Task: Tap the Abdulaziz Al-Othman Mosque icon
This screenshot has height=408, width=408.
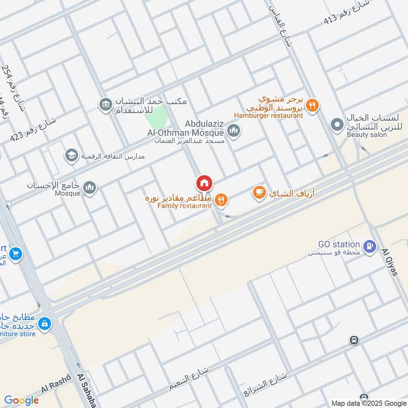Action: [x=234, y=132]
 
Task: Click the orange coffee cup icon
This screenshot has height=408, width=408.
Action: [x=259, y=193]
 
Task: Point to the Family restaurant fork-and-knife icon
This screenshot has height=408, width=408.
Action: [x=221, y=200]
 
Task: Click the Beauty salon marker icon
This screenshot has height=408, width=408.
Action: [x=337, y=124]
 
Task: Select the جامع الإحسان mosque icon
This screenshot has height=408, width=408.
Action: [x=90, y=188]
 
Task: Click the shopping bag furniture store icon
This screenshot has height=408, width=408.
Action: [x=45, y=323]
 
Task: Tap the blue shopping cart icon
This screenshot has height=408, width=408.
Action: [x=15, y=253]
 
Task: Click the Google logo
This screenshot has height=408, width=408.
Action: [x=21, y=400]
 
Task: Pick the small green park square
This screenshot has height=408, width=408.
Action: [x=156, y=117]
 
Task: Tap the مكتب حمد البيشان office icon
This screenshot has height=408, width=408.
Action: [x=106, y=105]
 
